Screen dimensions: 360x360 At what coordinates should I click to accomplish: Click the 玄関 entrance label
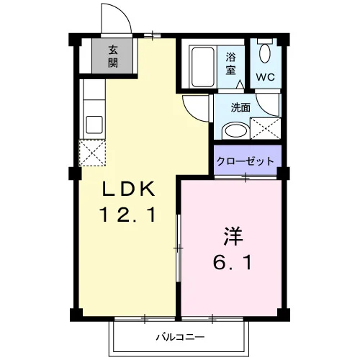113,56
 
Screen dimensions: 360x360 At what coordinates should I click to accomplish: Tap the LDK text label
128,189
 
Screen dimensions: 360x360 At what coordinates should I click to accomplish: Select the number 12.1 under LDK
128,215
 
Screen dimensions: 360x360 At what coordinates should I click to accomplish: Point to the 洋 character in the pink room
233,236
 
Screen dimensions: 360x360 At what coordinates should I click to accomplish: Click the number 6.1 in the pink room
233,262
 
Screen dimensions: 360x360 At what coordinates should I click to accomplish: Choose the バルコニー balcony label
180,337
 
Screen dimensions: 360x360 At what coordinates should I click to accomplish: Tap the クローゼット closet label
246,161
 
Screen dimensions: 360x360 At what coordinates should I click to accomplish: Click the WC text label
265,77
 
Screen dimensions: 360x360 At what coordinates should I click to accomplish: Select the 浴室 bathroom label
230,63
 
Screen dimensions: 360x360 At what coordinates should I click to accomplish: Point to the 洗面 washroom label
240,107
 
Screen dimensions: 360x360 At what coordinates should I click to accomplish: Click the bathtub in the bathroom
203,67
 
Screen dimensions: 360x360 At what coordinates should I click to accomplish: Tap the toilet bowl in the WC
265,53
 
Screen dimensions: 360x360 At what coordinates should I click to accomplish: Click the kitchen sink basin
94,125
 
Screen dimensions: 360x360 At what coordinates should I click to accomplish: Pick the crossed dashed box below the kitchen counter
92,153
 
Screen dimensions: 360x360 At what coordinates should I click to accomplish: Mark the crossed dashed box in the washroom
266,128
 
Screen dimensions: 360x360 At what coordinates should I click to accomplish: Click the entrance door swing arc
122,12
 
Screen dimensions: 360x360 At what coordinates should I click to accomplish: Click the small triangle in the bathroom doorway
240,85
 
